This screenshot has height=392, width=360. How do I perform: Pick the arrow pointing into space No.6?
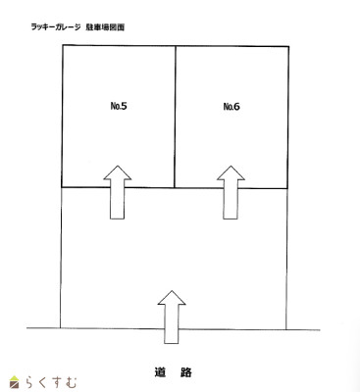[231, 192]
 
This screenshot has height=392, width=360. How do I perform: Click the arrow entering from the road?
[172, 316]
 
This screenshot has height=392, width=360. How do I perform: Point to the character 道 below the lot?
[159, 371]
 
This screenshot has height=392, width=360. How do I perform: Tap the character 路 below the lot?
[186, 371]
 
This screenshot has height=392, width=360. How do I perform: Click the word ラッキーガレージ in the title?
[56, 27]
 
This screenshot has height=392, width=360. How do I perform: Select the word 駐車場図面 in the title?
[105, 27]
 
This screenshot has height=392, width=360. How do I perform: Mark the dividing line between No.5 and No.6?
[176, 118]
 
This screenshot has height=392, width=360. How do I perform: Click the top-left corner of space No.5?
[62, 46]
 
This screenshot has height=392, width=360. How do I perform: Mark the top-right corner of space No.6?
[289, 46]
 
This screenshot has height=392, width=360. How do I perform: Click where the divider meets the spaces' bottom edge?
[176, 187]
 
